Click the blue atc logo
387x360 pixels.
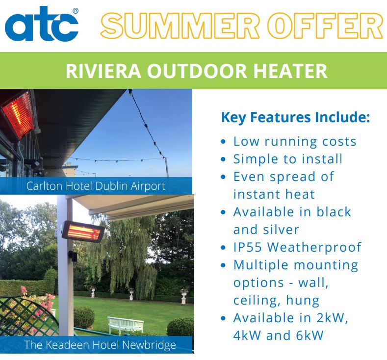point(42,24)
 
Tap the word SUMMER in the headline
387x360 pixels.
point(180,26)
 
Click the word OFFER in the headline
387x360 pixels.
point(326,26)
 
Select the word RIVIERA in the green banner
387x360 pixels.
point(103,71)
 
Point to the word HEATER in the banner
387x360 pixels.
point(290,71)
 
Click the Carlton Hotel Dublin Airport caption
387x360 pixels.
point(96,186)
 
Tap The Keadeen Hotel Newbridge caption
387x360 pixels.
point(100,345)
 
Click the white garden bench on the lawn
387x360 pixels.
point(126,324)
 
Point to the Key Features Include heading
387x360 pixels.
point(295,117)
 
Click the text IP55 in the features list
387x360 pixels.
point(248,247)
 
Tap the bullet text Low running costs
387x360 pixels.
point(295,142)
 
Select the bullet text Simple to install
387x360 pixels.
point(288,159)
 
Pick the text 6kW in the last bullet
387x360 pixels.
point(310,335)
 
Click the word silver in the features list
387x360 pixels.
point(281,230)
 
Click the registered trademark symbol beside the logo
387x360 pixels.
point(76,11)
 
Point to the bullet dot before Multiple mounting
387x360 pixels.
point(223,265)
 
